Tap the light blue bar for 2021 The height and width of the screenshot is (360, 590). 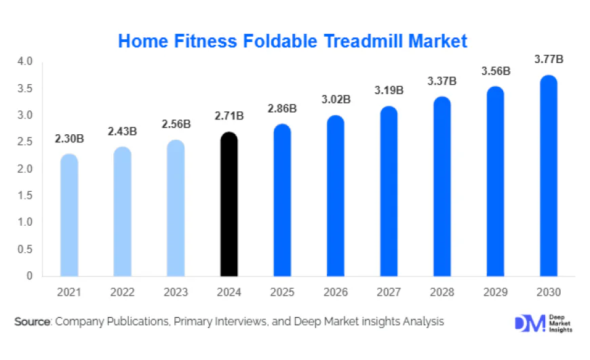[x=69, y=216]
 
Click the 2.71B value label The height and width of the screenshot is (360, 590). [x=229, y=117]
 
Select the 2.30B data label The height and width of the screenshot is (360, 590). [x=69, y=139]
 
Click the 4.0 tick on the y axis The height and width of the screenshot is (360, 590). [x=24, y=62]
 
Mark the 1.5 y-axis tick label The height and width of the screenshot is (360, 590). [x=24, y=196]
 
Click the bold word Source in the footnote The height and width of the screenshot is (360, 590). [x=33, y=321]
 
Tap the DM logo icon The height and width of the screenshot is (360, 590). [x=529, y=323]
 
